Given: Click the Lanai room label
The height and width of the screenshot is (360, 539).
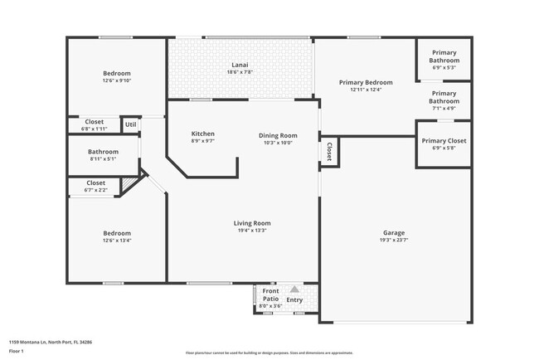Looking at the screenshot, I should coord(240,65).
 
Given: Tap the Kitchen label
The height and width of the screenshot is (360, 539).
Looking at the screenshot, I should coord(203,134).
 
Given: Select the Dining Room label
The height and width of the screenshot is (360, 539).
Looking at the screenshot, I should coord(278,135).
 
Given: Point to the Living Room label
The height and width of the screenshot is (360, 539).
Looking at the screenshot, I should coord(250,222).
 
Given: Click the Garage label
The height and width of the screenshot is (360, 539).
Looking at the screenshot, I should coord(394,232).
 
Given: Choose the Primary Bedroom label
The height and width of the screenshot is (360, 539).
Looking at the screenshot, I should coord(366,82).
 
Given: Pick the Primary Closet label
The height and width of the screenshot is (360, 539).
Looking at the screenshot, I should coord(444,141).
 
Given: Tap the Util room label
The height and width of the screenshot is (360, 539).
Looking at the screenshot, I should coord(130,124).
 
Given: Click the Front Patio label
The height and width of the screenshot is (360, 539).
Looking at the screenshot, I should coord(270,295).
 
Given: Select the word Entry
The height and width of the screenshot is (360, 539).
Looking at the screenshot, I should coord(295,300).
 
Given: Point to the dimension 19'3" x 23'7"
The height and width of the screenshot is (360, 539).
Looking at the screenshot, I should coord(394,240).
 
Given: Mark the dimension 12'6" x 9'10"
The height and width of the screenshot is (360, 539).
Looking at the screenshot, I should coord(117,80).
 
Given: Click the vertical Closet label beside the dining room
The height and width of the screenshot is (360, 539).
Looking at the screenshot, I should coord(329,151).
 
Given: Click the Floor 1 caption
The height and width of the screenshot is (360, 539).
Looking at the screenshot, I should coord(17,352).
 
